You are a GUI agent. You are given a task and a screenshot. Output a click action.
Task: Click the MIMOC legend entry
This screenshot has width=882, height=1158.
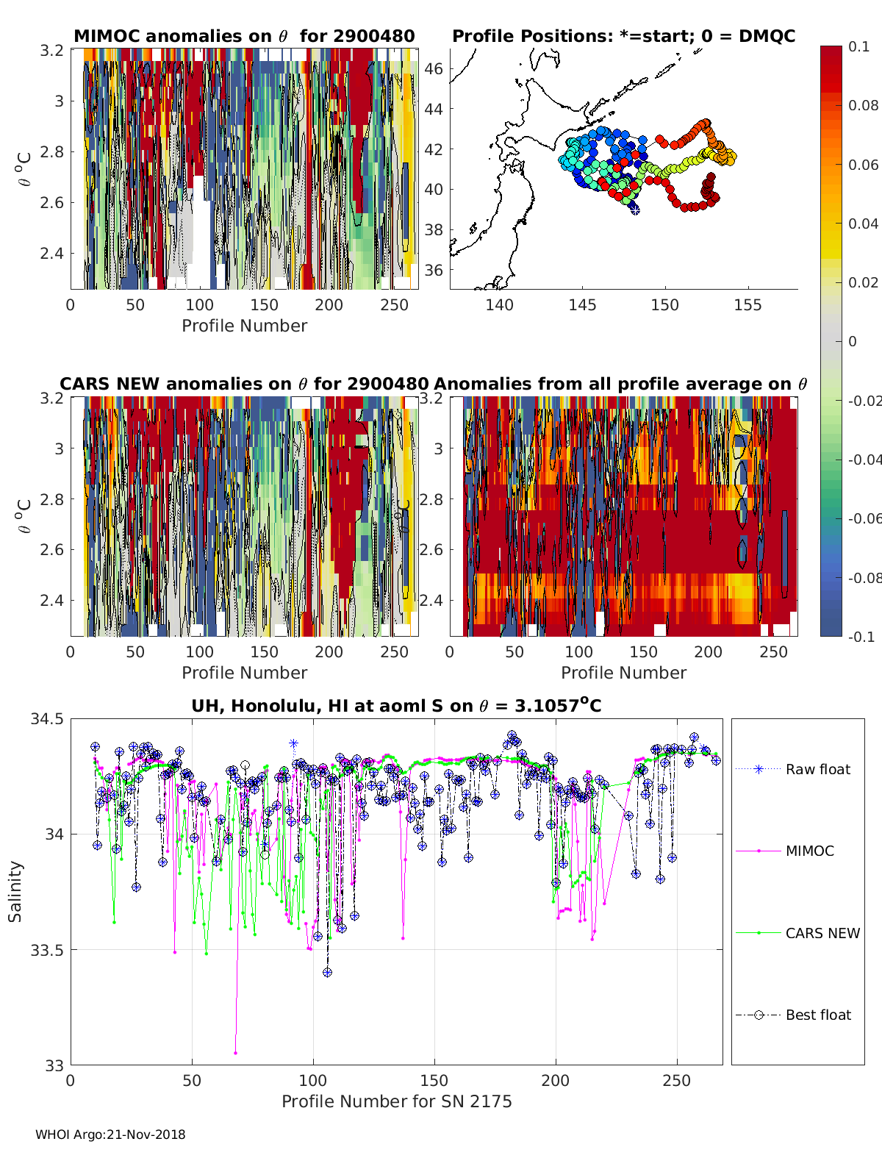point(809,851)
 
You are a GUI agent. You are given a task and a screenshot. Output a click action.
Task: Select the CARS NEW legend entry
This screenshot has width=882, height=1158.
point(822,933)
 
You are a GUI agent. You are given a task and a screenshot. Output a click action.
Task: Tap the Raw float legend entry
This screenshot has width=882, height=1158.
point(817,769)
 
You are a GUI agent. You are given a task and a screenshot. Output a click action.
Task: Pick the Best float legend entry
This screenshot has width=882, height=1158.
point(818,1015)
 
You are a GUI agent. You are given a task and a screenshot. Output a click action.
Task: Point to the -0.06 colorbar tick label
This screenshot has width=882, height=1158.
point(862,518)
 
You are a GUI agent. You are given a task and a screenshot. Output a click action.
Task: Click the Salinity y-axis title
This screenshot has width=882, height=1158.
point(15,891)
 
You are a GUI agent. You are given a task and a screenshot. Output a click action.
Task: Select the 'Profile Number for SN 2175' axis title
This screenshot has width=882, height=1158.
point(396,1101)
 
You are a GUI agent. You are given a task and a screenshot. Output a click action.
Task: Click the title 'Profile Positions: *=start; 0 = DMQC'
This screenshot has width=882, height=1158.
point(623,36)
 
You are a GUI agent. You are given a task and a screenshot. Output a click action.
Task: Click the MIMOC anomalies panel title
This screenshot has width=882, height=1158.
point(244,36)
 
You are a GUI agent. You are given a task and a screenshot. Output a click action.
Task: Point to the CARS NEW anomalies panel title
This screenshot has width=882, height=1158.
point(244,384)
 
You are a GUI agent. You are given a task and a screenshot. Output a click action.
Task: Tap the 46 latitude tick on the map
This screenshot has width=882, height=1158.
point(434,69)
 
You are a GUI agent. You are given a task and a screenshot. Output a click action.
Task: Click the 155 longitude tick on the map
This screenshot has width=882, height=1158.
point(747,304)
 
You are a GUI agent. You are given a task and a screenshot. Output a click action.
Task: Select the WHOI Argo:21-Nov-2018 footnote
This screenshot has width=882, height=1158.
point(110,1134)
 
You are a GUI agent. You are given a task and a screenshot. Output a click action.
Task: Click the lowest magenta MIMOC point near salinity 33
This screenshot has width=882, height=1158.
point(235,1053)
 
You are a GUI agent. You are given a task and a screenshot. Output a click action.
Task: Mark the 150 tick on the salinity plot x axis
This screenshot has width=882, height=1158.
point(434,1080)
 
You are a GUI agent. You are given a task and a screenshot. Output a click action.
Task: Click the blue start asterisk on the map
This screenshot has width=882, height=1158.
point(634,209)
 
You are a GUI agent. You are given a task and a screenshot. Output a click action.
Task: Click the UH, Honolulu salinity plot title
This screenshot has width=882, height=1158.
point(396,706)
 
